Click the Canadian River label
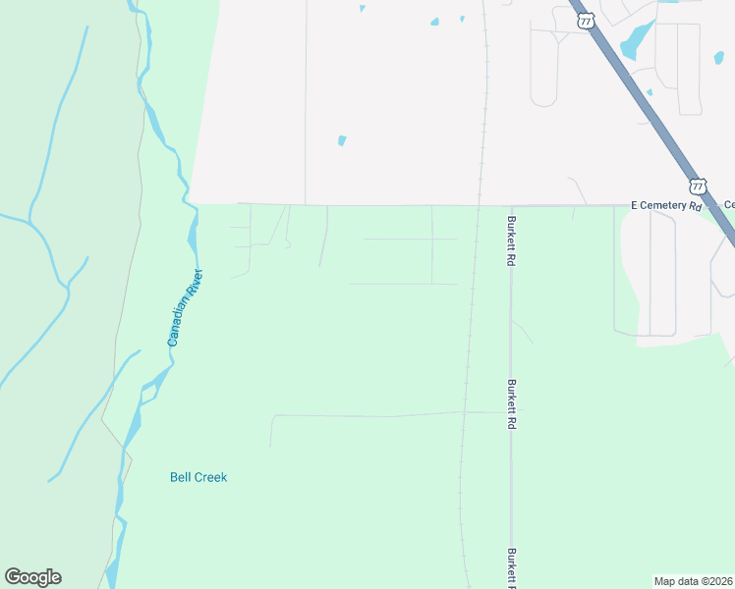(185, 307)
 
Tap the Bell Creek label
(198, 477)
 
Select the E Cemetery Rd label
(666, 205)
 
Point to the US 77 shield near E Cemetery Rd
(698, 185)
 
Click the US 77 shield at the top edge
(586, 19)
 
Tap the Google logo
(32, 577)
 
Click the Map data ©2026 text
(694, 580)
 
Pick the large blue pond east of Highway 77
(636, 40)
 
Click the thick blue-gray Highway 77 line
(649, 98)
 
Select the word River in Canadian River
(194, 285)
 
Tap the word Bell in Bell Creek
(180, 477)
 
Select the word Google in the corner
(32, 577)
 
